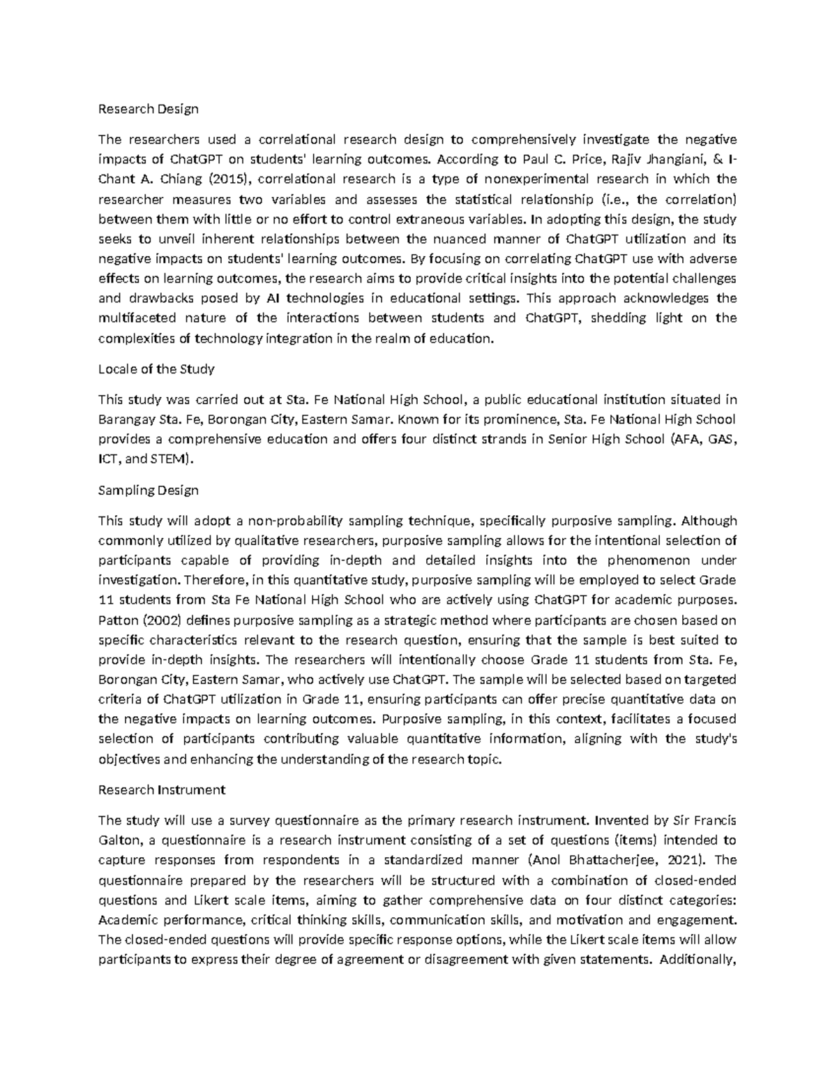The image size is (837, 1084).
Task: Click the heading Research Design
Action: coord(148,109)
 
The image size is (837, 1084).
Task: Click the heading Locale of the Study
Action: coord(156,369)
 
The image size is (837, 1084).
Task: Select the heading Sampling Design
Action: coord(148,490)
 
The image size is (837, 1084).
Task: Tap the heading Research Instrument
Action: coord(162,789)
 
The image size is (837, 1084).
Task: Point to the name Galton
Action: coord(119,840)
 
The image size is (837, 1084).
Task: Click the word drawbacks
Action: coord(162,299)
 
